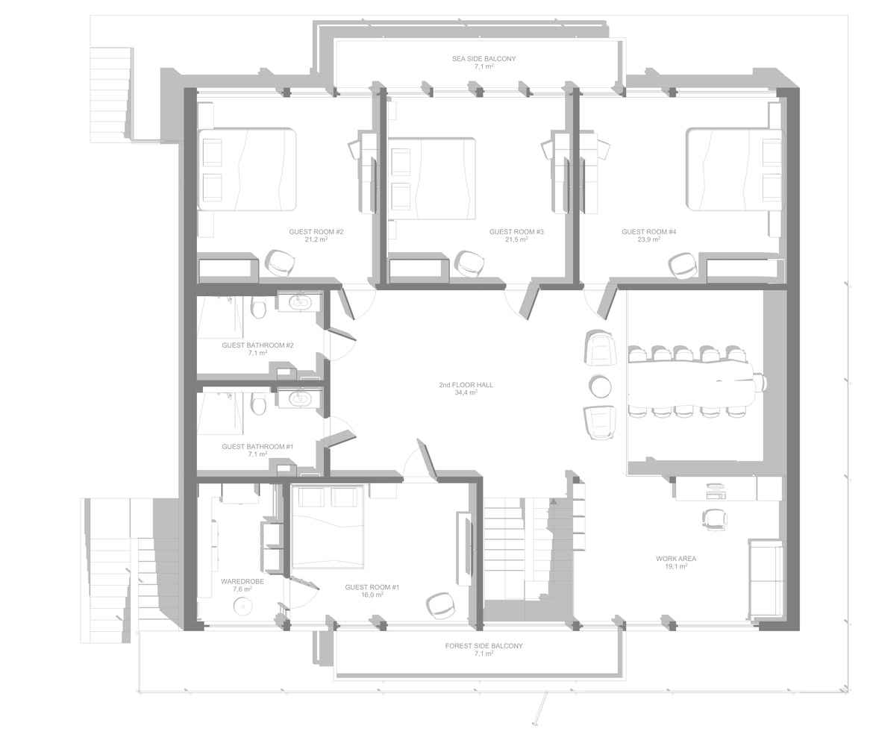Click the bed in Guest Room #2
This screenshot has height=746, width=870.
247,170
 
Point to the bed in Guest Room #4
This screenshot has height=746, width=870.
733,170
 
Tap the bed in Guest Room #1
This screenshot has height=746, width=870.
328,527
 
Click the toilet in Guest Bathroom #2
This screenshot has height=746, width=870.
258,308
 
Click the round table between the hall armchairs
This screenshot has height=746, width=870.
601,386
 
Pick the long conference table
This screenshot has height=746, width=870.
691,383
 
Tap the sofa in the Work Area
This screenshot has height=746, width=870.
765,579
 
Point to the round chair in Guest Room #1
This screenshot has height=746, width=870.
442,605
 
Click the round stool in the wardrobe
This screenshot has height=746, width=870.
242,606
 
